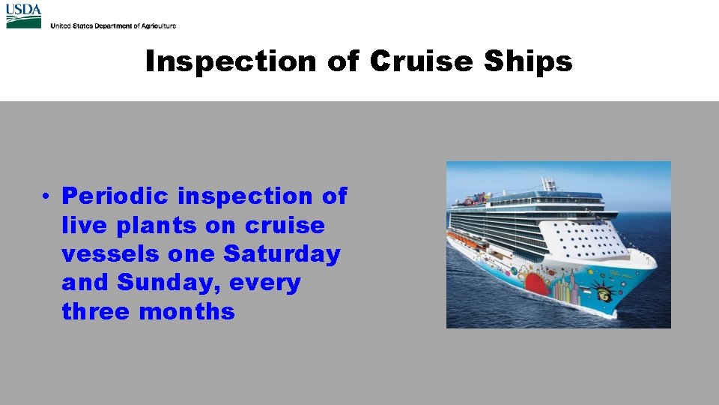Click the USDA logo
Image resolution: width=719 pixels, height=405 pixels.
pos(23,16)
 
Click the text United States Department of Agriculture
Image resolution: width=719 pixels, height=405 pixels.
pos(113,25)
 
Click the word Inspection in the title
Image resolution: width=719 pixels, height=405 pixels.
pos(231,61)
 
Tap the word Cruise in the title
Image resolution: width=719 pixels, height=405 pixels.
pos(421,61)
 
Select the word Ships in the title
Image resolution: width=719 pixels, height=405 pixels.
pos(527,61)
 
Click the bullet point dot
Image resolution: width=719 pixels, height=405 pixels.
pos(46,197)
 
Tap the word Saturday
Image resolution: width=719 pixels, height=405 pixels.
pos(282,254)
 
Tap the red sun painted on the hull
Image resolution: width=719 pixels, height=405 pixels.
pos(536,286)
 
